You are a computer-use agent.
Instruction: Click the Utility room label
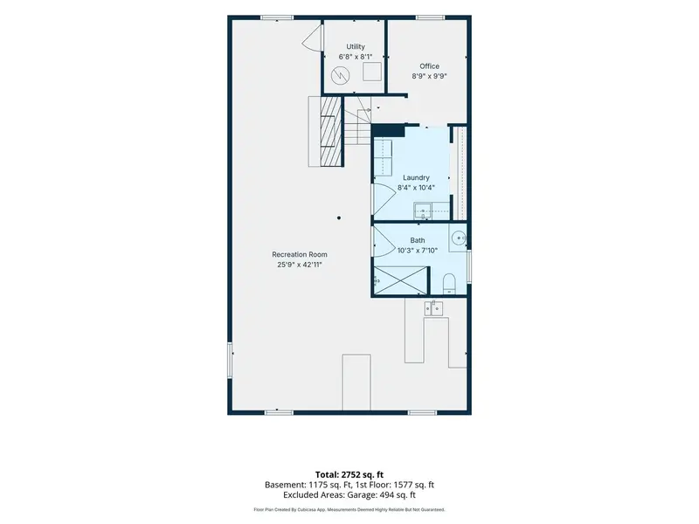pyautogui.click(x=356, y=46)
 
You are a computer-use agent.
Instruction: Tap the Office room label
pyautogui.click(x=429, y=66)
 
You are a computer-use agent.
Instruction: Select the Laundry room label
pyautogui.click(x=416, y=177)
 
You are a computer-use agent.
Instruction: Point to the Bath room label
pyautogui.click(x=418, y=240)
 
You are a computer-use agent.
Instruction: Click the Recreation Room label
pyautogui.click(x=300, y=254)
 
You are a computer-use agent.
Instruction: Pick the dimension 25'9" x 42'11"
pyautogui.click(x=300, y=265)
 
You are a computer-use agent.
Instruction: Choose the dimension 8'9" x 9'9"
pyautogui.click(x=429, y=76)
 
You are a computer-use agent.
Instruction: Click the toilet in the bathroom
pyautogui.click(x=449, y=284)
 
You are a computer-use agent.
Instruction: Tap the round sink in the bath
pyautogui.click(x=458, y=238)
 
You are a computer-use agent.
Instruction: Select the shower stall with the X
pyautogui.click(x=400, y=280)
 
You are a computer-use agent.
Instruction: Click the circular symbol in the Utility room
pyautogui.click(x=341, y=76)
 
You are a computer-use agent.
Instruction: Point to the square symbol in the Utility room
pyautogui.click(x=372, y=72)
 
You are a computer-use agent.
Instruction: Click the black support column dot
pyautogui.click(x=339, y=217)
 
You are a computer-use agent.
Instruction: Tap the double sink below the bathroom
pyautogui.click(x=433, y=308)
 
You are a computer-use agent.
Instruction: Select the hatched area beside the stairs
pyautogui.click(x=331, y=131)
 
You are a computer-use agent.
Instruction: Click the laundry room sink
pyautogui.click(x=423, y=210)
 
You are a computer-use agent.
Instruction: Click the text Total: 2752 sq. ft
pyautogui.click(x=349, y=474)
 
